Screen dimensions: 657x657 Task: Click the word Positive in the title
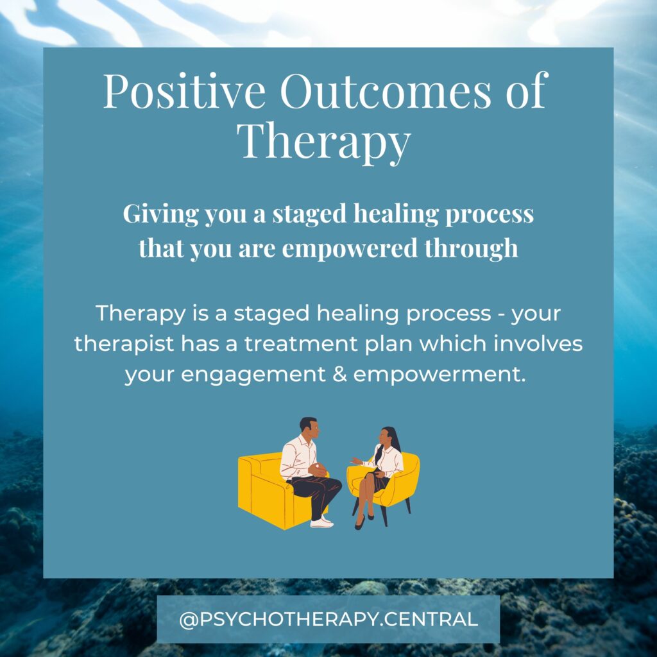184,91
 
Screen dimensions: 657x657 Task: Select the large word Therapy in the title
324,141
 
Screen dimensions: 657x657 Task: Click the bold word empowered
350,248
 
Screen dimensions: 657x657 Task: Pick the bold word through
472,248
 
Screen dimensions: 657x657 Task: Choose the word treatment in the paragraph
302,344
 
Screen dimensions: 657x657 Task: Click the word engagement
253,375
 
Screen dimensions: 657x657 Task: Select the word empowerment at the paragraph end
439,375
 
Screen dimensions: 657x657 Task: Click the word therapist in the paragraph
124,345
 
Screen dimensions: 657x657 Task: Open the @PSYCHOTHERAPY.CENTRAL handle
328,619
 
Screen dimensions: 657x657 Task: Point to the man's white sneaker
322,522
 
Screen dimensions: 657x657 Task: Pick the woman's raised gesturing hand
355,461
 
